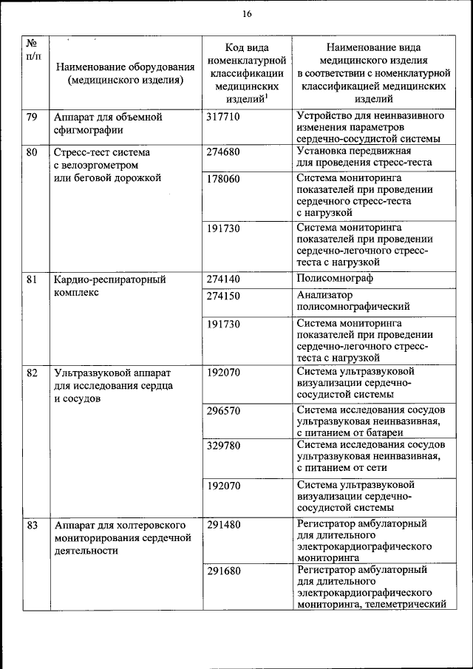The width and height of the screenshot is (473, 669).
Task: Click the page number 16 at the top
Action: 247,13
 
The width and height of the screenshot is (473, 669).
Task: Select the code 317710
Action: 223,117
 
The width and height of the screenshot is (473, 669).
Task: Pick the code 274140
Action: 223,280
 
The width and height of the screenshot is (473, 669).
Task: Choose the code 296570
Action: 223,410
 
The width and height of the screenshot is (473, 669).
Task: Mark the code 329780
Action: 223,445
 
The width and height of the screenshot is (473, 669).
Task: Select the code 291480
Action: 223,524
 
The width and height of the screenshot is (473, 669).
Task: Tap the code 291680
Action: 223,571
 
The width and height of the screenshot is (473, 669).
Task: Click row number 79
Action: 32,117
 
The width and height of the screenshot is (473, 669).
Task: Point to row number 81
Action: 32,280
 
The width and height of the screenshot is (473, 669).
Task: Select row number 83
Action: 32,524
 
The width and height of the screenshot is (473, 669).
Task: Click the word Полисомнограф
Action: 334,279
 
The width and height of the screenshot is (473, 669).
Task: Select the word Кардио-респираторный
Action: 109,280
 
